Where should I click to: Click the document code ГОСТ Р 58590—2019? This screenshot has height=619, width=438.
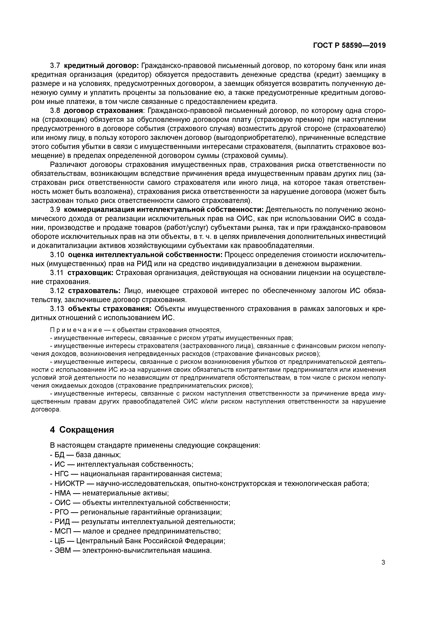coord(349,46)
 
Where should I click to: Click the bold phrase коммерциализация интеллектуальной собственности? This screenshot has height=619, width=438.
coord(164,210)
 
